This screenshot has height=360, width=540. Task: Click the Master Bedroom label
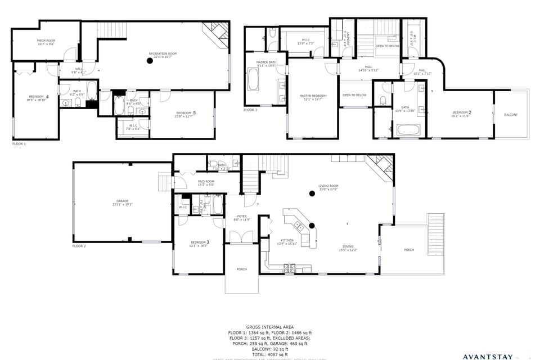(313, 97)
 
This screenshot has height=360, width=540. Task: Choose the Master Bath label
(265, 64)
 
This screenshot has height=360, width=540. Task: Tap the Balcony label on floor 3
(511, 115)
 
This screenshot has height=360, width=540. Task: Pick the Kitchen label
(287, 241)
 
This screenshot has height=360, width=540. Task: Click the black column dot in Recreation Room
(150, 61)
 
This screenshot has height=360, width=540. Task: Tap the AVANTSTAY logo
(495, 356)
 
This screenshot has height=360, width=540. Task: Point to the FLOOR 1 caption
(19, 144)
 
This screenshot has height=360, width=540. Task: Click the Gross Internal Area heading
(270, 327)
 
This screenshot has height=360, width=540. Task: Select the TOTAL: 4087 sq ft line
(270, 355)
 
